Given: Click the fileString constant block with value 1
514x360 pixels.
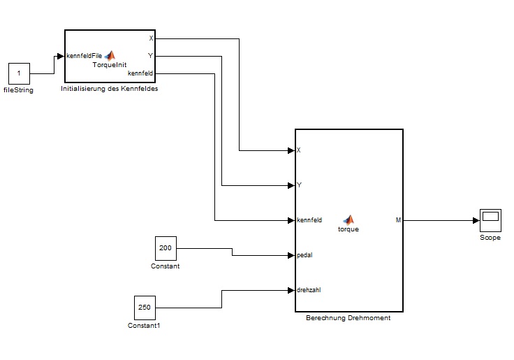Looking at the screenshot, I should coord(19,73).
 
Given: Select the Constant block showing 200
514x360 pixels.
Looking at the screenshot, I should coord(166,247).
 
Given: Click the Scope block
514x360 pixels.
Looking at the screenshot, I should coord(490,221).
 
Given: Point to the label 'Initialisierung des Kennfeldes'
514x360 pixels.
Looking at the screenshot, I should coord(110,89).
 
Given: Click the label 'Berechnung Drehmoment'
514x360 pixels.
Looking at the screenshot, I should coord(348,318).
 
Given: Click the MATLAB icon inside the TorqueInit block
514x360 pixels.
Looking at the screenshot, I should coord(110,55).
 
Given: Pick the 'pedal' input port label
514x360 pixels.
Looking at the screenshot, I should coord(304,255).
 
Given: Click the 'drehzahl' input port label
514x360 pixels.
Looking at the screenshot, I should coord(309,289).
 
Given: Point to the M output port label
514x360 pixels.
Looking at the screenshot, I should coord(398,220).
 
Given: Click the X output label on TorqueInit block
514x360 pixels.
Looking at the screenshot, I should coord(151,38).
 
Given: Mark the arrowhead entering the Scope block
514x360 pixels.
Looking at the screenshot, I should coord(476,220).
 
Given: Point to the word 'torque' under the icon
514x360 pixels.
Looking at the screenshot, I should coord(348,229).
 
